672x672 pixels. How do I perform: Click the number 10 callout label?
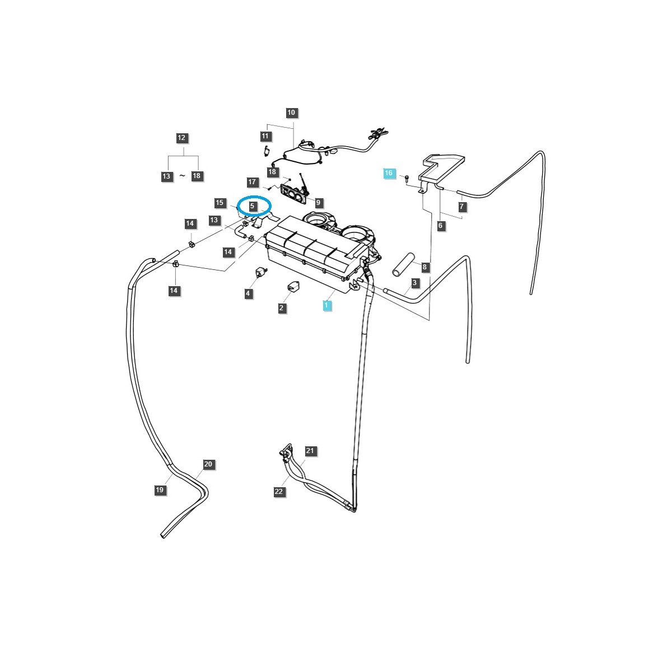pos(291,113)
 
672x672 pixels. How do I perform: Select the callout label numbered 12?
pos(181,138)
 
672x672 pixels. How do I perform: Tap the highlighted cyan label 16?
pos(389,173)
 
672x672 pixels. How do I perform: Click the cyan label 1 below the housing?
pos(325,305)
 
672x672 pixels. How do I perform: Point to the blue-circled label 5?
pos(253,206)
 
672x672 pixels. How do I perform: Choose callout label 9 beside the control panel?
pos(318,202)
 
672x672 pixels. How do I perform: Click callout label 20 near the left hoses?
pos(208,464)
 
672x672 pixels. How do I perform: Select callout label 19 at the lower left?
pos(160,490)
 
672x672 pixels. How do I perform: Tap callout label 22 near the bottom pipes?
pos(279,492)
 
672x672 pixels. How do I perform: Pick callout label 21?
pos(311,451)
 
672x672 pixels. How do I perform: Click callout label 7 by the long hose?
pos(461,207)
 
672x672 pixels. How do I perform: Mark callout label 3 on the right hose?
pos(414,283)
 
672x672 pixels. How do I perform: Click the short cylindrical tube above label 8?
pos(402,264)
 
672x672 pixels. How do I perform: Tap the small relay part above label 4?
pos(260,272)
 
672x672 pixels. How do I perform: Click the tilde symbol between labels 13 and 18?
pos(182,176)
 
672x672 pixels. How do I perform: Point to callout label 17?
pos(252,182)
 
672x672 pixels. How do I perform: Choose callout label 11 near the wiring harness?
pos(265,136)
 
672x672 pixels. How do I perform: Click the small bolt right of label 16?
pos(407,178)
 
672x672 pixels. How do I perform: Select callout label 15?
pos(220,202)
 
